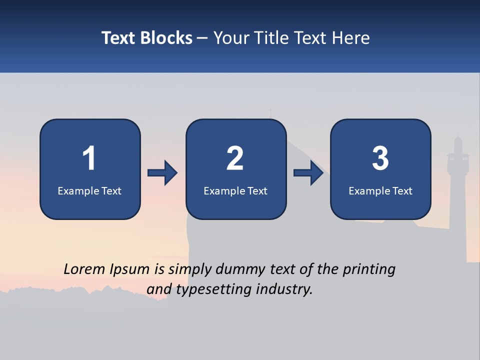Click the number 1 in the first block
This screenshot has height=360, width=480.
click(x=89, y=158)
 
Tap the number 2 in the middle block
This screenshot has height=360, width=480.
click(x=235, y=158)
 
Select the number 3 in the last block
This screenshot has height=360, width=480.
click(x=380, y=158)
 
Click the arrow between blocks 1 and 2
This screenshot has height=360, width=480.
click(x=162, y=173)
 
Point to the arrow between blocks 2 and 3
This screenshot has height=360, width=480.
click(x=308, y=173)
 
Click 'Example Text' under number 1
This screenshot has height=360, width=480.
click(x=89, y=191)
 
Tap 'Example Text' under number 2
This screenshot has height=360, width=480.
click(x=235, y=191)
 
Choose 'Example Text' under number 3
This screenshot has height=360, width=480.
click(x=380, y=191)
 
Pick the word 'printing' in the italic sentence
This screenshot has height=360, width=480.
click(x=368, y=269)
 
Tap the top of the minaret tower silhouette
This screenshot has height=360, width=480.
click(x=457, y=137)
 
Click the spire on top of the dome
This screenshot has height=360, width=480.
click(x=271, y=112)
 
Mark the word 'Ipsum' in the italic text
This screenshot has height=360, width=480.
click(x=130, y=269)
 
